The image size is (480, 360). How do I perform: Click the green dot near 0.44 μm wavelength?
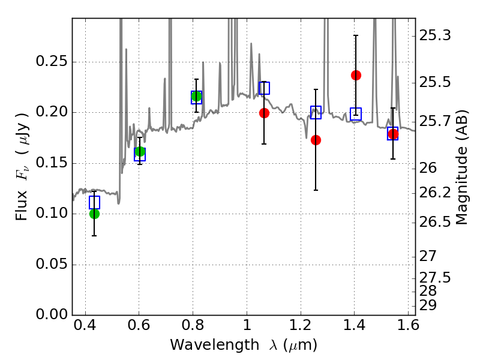coord(94,214)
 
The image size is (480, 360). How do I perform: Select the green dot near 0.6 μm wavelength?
coord(140,151)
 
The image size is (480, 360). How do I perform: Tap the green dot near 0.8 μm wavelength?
coord(196,96)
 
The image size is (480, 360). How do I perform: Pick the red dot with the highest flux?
coord(356,75)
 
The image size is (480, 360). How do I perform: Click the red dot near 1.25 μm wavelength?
coord(316,140)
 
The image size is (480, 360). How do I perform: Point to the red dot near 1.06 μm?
coord(264,113)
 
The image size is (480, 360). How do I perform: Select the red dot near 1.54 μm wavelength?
coord(393,134)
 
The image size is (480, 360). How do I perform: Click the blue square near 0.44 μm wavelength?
coord(94,202)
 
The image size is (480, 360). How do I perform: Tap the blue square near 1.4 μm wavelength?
coord(356,114)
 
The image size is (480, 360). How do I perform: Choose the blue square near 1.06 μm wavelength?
coord(264,88)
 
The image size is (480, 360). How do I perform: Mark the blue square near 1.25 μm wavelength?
coord(316,112)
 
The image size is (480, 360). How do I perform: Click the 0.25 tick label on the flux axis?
coord(52,61)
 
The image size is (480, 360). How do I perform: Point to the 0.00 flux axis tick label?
coord(52,314)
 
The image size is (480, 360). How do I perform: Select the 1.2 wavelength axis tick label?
coord(301,325)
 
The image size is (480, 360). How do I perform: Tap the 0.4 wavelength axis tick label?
coord(85,325)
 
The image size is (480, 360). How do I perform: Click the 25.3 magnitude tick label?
coord(434,35)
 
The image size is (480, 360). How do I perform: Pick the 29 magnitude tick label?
coord(428,305)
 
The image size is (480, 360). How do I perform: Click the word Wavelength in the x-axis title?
coord(215,344)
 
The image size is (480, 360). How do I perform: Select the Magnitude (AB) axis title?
coord(461,167)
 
